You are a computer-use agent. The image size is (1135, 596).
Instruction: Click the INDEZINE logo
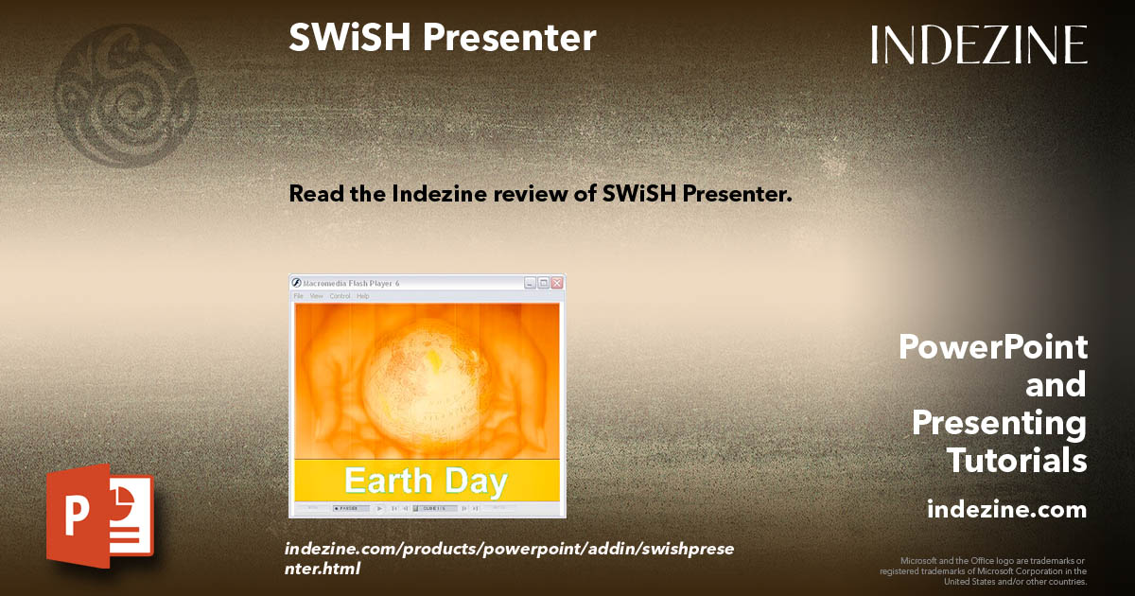pyautogui.click(x=979, y=44)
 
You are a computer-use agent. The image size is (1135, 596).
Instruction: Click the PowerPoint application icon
pyautogui.click(x=100, y=515)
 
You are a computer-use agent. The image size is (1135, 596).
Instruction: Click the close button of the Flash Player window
pyautogui.click(x=557, y=283)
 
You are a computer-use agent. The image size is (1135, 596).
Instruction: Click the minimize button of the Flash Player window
pyautogui.click(x=531, y=283)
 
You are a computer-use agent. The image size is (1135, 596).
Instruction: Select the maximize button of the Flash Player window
pyautogui.click(x=544, y=283)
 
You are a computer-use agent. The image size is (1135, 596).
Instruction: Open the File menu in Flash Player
pyautogui.click(x=298, y=296)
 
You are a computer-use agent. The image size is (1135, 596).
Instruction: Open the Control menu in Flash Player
pyautogui.click(x=340, y=296)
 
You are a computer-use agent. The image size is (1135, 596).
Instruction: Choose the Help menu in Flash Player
pyautogui.click(x=362, y=296)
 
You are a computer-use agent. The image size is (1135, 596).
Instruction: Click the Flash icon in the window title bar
pyautogui.click(x=295, y=283)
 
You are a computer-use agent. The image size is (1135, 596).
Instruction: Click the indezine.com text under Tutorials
pyautogui.click(x=1006, y=510)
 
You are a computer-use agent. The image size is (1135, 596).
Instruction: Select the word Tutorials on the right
pyautogui.click(x=1017, y=461)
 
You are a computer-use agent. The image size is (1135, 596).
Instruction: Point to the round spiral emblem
pyautogui.click(x=125, y=96)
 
